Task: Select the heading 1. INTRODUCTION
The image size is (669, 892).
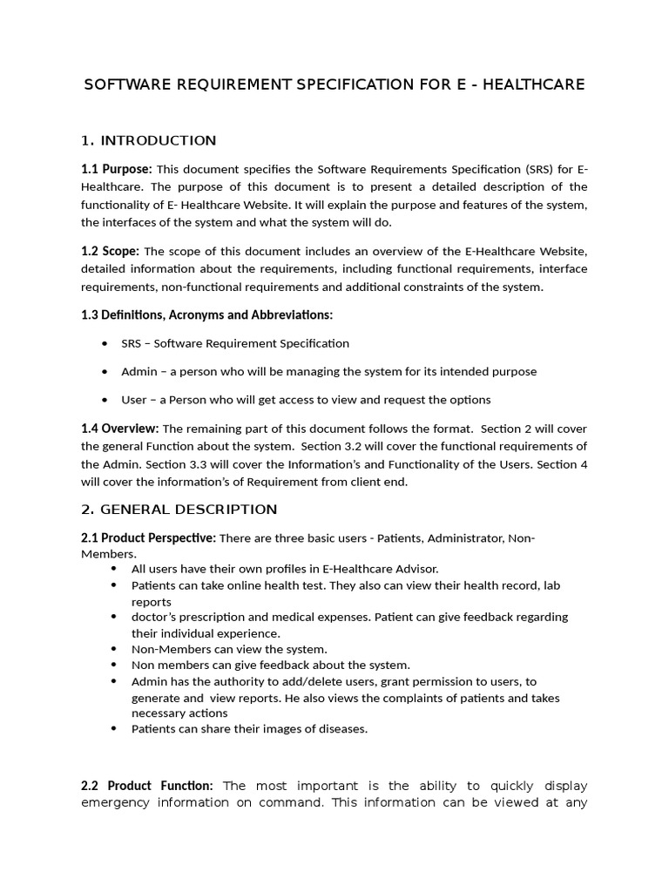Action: (x=148, y=140)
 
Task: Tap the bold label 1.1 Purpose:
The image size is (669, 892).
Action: (x=117, y=168)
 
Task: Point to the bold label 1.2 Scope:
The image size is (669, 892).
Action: (x=110, y=251)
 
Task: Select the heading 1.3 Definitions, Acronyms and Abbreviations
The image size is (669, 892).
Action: (x=206, y=314)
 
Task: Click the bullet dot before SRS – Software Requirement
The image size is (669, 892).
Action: (x=105, y=343)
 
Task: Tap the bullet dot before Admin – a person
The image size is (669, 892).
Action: (x=105, y=371)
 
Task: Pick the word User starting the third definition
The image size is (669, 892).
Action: (x=134, y=400)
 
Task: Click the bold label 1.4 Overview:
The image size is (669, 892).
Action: (x=120, y=429)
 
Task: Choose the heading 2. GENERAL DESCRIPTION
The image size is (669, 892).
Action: (x=179, y=510)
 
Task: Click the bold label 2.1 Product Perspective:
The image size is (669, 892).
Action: (x=148, y=538)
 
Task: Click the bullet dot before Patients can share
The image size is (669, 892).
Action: (x=114, y=729)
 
